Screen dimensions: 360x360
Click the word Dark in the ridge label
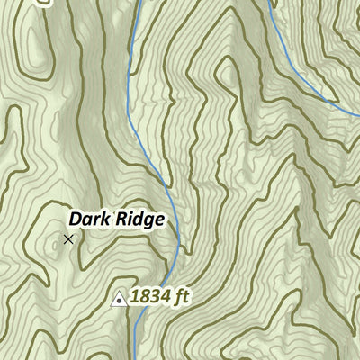[89, 219]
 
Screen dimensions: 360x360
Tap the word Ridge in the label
[139, 219]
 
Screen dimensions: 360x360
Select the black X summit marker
[68, 239]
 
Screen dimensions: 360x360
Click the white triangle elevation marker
[118, 297]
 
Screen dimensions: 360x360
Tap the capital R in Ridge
[121, 219]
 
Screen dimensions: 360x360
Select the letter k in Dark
[105, 219]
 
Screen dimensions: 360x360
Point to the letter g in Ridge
[148, 221]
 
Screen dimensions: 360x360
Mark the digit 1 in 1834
[135, 295]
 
